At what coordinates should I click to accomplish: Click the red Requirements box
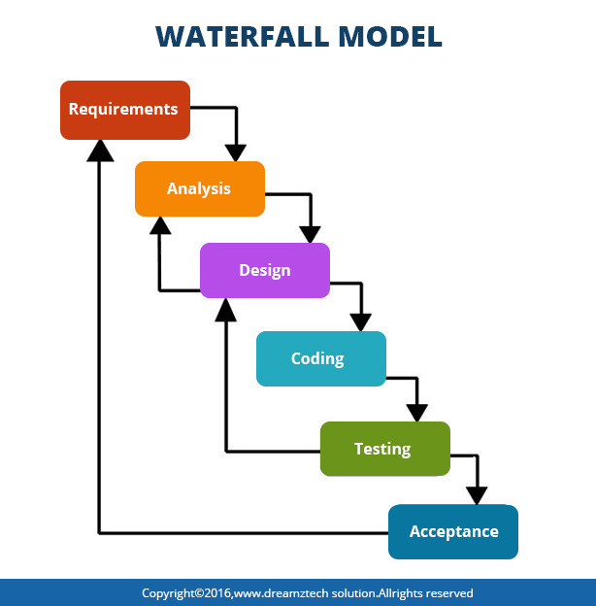pyautogui.click(x=124, y=110)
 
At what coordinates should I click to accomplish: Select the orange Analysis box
pyautogui.click(x=199, y=188)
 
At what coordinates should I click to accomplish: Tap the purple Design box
pyautogui.click(x=264, y=270)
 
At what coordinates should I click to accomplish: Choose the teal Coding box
pyautogui.click(x=320, y=358)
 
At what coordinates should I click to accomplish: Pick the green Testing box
pyautogui.click(x=384, y=449)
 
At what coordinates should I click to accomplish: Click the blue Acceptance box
pyautogui.click(x=453, y=531)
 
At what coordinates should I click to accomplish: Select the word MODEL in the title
pyautogui.click(x=388, y=36)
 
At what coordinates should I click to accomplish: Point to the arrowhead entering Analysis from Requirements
pyautogui.click(x=236, y=151)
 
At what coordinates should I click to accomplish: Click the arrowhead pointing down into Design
pyautogui.click(x=310, y=233)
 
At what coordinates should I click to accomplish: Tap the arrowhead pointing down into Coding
pyautogui.click(x=361, y=321)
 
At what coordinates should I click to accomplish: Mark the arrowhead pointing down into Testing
pyautogui.click(x=417, y=411)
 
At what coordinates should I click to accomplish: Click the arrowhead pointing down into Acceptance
pyautogui.click(x=477, y=494)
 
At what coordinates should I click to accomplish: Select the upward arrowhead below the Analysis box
pyautogui.click(x=161, y=226)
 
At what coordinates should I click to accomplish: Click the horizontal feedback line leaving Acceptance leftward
pyautogui.click(x=243, y=532)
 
